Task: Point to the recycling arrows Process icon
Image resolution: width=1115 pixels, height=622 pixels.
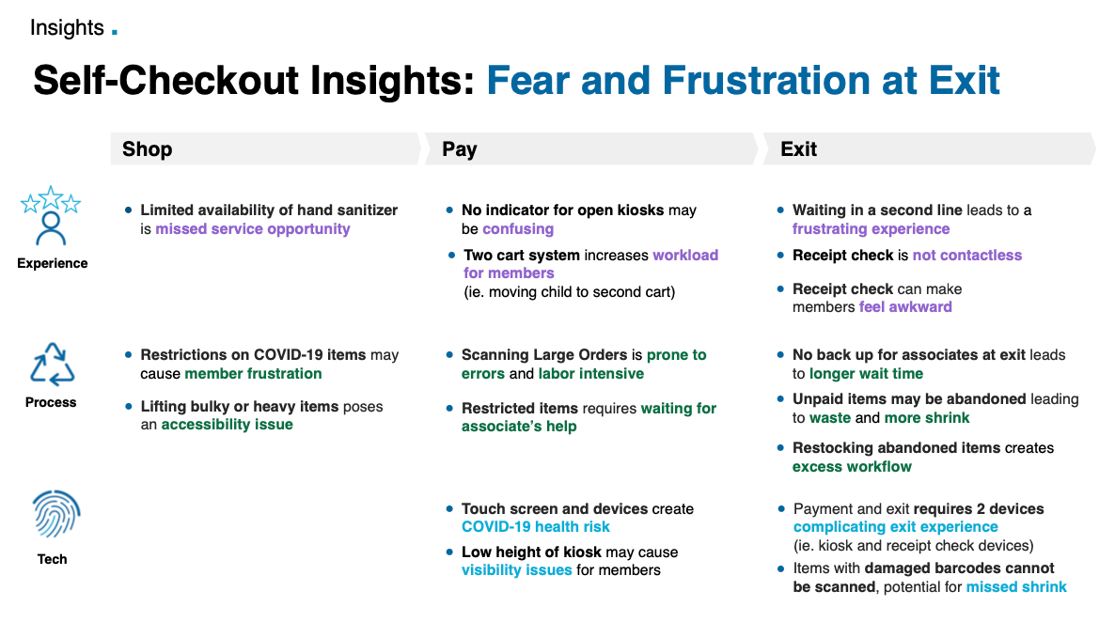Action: pos(52,364)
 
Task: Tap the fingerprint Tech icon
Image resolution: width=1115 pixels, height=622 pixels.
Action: pos(56,513)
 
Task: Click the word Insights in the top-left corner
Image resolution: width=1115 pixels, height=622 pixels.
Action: pos(67,27)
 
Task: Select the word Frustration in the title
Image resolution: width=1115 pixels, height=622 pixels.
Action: pos(766,80)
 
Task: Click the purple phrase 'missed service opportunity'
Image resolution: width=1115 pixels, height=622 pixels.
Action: pos(253,229)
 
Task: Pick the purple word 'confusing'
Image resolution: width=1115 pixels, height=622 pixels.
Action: pos(518,229)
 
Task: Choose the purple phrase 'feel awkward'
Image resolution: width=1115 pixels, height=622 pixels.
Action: pos(905,307)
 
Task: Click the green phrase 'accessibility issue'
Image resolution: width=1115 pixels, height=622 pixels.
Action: pos(227,425)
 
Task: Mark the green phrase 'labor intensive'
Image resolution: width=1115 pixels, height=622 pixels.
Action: pos(591,374)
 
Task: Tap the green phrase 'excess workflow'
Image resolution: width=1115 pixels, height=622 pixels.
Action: pos(852,467)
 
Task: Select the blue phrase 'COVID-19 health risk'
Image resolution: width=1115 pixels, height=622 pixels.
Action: pos(536,527)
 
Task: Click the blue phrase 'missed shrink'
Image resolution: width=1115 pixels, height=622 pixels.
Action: pos(1016,587)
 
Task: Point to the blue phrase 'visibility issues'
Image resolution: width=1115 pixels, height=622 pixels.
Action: pos(516,570)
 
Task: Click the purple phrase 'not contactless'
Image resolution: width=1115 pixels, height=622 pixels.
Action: pos(967,256)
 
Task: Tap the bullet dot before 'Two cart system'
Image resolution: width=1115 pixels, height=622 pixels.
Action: pos(451,256)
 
